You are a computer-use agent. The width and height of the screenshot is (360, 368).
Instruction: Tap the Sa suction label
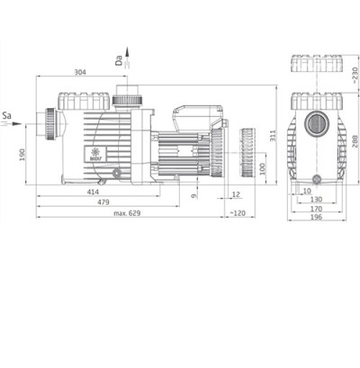[x=7, y=116]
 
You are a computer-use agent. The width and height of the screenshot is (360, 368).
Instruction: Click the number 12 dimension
[x=236, y=193]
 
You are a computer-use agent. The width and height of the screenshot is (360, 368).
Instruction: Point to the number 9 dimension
[x=194, y=193]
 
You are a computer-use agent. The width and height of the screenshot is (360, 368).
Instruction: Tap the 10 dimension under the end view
[x=308, y=192]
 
